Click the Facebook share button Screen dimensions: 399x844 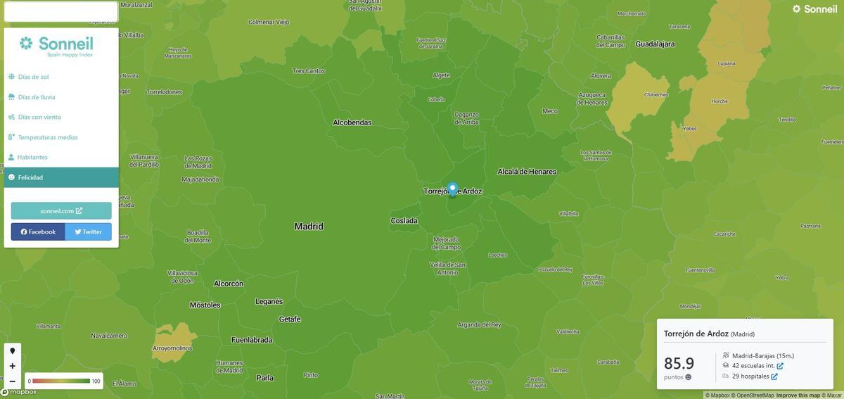tap(38, 232)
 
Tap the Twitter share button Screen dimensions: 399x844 tap(88, 232)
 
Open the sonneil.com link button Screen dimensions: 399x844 tap(61, 210)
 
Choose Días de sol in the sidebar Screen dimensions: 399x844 tap(33, 77)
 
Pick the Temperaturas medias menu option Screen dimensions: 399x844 tap(48, 137)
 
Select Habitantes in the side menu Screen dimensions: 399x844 tap(33, 157)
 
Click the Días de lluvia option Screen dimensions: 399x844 tap(37, 97)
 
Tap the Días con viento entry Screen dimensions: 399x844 tap(39, 117)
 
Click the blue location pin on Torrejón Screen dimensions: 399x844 tap(452, 189)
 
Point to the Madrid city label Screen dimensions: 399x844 tap(309, 227)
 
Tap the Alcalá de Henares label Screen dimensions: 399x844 tap(527, 172)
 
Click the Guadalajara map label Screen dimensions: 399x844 tap(655, 44)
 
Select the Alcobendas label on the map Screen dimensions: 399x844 tap(352, 122)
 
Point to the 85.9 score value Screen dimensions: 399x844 tap(679, 363)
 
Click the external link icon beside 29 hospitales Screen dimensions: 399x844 tap(774, 376)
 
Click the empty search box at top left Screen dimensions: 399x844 tap(60, 11)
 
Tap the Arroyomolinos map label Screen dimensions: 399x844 tap(172, 348)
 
